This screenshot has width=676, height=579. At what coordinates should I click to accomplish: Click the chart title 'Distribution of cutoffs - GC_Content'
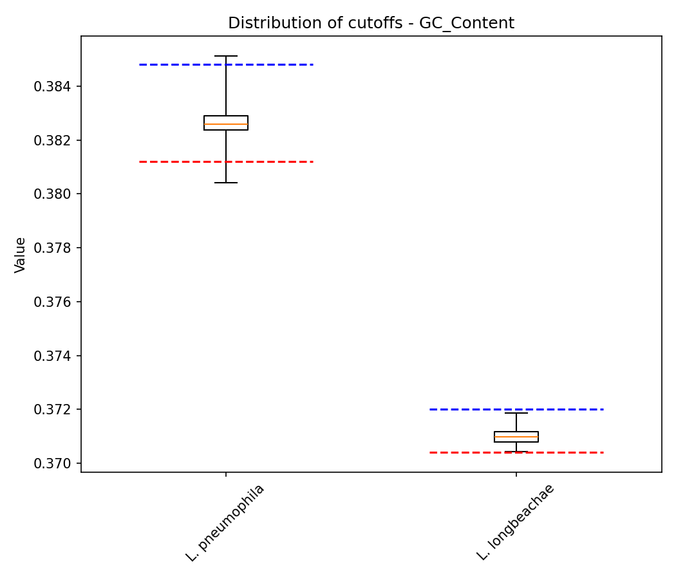371,24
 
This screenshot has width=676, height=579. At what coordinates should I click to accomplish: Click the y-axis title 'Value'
21,255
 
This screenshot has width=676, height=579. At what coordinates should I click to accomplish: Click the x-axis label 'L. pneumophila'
225,522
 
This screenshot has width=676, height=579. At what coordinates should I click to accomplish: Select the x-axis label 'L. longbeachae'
516,522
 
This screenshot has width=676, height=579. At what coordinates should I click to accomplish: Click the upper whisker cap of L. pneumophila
226,56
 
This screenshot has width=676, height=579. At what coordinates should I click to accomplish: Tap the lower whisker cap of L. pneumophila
226,183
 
